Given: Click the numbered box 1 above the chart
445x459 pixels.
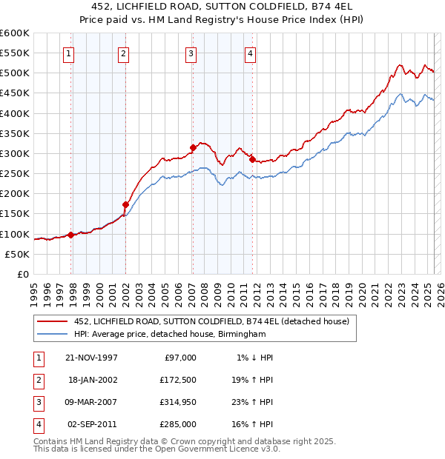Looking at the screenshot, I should coord(68,53).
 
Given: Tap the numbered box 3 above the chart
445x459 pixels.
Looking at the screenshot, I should coord(191,53).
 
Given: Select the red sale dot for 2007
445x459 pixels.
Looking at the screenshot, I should coord(193,147).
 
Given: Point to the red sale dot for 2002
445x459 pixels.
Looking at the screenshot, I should coord(126,204).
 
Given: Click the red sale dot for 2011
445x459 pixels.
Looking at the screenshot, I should coord(252,159).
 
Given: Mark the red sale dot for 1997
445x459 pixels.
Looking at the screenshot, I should coord(71,235).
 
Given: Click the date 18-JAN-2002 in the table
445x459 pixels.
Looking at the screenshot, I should coord(92,379).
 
